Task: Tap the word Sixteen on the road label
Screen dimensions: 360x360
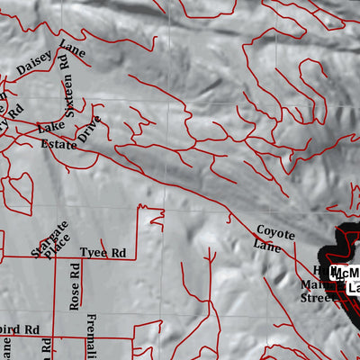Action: [64, 91]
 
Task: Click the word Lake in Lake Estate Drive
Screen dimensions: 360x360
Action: [51, 128]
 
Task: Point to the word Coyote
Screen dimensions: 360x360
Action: [275, 233]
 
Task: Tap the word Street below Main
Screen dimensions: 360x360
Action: [316, 298]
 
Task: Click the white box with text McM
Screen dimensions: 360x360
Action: [346, 273]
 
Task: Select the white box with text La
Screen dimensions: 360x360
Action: [353, 288]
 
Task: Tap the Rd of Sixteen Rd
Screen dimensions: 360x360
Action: [64, 62]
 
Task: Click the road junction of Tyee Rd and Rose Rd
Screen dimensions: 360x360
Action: [76, 259]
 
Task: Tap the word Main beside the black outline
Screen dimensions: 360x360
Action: [310, 286]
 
